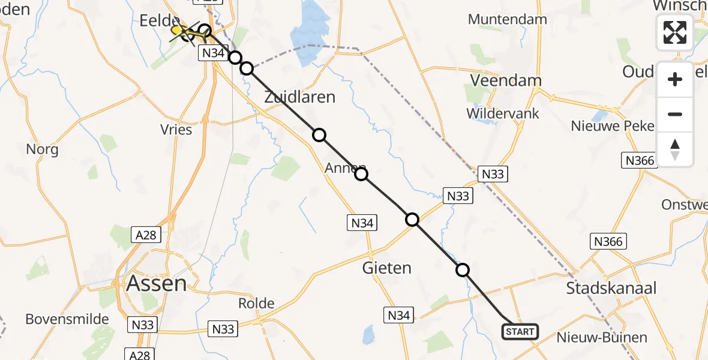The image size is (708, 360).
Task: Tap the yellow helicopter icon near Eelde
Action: [177, 30]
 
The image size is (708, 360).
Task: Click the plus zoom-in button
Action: [675, 79]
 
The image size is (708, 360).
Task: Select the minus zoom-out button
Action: [675, 114]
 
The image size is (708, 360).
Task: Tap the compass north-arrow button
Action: [675, 149]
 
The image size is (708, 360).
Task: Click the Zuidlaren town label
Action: [299, 97]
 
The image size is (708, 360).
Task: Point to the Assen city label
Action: [157, 283]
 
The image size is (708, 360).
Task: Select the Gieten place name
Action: [387, 268]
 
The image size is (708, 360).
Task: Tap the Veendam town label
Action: [506, 80]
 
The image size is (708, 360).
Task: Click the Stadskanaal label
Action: [611, 288]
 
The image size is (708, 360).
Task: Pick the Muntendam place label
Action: [508, 19]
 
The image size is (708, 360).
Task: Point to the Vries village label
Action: [176, 130]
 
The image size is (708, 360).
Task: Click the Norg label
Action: [42, 149]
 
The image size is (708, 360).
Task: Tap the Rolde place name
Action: [256, 303]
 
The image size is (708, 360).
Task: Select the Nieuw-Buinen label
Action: [602, 337]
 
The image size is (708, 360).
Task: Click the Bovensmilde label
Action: [67, 319]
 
